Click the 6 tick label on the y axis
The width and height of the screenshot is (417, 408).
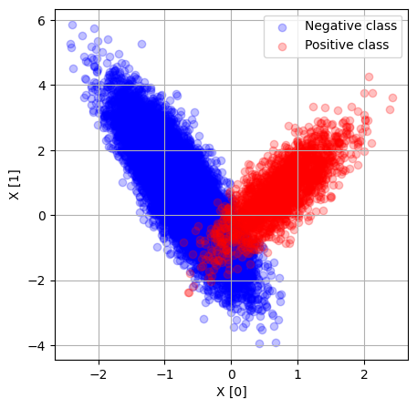tap(41, 21)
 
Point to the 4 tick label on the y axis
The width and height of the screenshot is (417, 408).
tap(41, 86)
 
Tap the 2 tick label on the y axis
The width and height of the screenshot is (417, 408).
tap(41, 150)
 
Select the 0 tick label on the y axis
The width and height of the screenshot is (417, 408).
tap(42, 216)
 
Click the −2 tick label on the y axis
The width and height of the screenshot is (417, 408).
tap(36, 280)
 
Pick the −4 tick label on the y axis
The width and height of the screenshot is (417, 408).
tap(36, 346)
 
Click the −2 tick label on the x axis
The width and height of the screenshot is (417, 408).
tap(99, 374)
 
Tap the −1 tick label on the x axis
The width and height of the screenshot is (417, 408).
tap(165, 374)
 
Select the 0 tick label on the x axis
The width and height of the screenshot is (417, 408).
tap(232, 374)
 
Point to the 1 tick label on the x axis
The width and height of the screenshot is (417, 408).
tap(297, 374)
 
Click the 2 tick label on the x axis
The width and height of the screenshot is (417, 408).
tap(364, 374)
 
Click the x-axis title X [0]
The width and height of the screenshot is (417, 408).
tap(232, 392)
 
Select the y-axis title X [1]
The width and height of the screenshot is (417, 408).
tap(15, 185)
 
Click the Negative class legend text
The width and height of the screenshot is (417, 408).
tap(350, 25)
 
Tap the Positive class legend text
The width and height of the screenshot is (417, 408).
tap(347, 45)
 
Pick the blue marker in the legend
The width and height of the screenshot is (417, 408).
tap(282, 27)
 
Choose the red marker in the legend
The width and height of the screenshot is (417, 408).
tap(282, 46)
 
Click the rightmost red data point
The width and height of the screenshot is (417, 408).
tap(392, 97)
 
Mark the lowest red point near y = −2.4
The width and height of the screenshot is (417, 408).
tap(189, 292)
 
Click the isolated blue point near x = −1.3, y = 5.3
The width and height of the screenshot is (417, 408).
tap(141, 44)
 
